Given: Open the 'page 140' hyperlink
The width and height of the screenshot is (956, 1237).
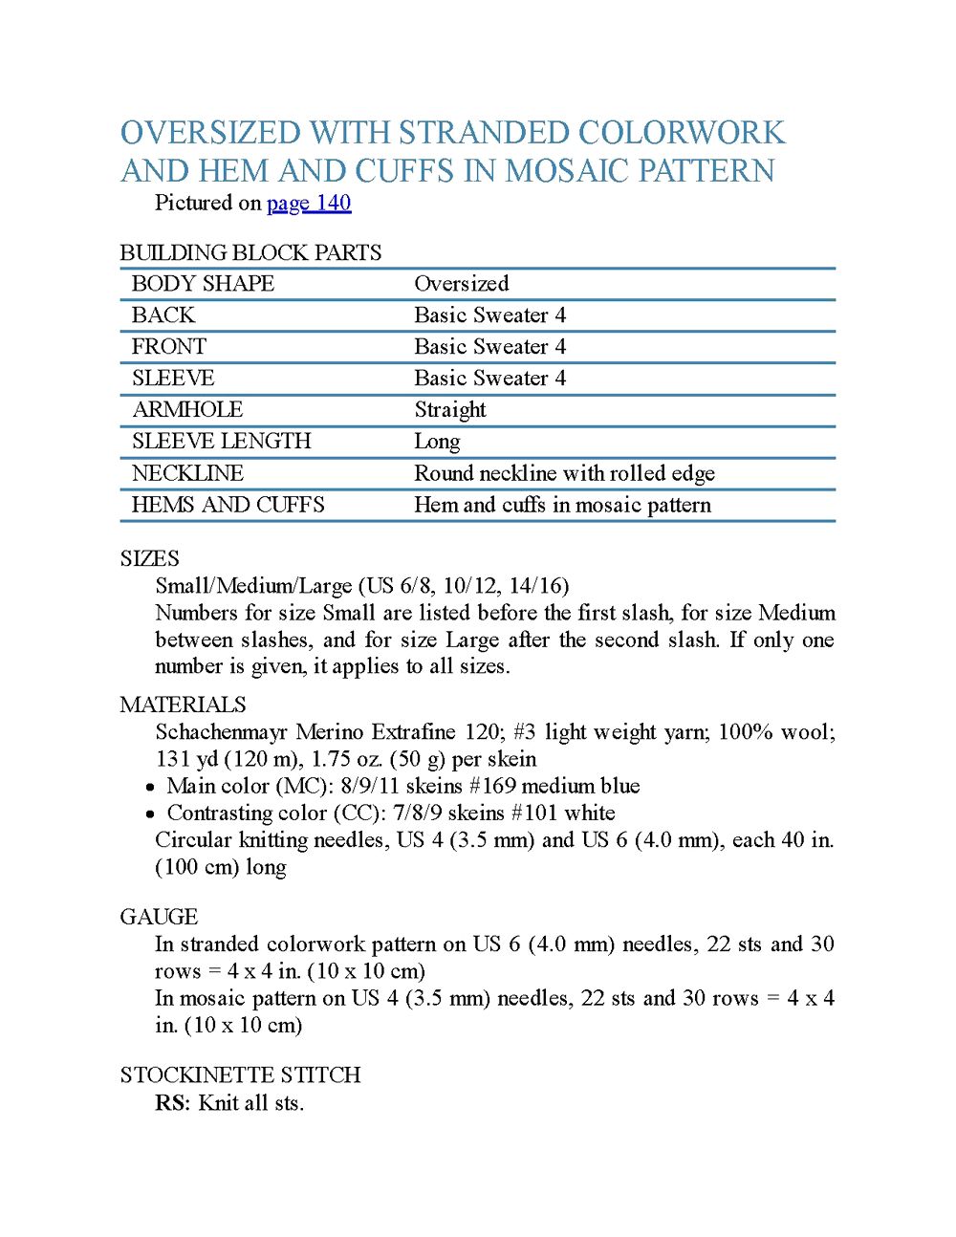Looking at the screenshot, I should point(309,203).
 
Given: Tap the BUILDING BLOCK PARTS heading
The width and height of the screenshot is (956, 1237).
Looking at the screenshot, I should point(250,252).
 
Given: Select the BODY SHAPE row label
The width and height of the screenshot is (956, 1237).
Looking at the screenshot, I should point(203,284).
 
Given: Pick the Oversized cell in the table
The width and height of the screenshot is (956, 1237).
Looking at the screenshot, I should point(461,284).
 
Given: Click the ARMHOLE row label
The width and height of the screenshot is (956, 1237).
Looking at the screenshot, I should point(187,410).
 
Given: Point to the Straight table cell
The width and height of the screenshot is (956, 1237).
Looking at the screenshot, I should point(449,410).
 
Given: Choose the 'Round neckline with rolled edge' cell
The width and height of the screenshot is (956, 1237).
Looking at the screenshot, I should point(564,473).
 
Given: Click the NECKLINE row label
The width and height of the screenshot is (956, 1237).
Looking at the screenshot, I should point(187,473).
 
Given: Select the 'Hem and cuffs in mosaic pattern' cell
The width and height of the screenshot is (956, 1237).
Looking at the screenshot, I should point(562,505).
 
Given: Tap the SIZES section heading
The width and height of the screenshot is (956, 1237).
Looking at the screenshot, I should point(149,558).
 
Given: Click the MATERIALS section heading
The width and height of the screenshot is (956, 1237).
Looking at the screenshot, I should point(183,705).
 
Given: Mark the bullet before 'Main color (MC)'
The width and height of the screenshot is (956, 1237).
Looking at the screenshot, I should point(151,788).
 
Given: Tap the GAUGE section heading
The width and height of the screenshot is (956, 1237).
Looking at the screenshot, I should point(159,917).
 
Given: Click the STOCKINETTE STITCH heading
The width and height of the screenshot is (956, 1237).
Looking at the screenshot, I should point(240,1074).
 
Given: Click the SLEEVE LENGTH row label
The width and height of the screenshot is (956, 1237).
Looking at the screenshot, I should point(221,442).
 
